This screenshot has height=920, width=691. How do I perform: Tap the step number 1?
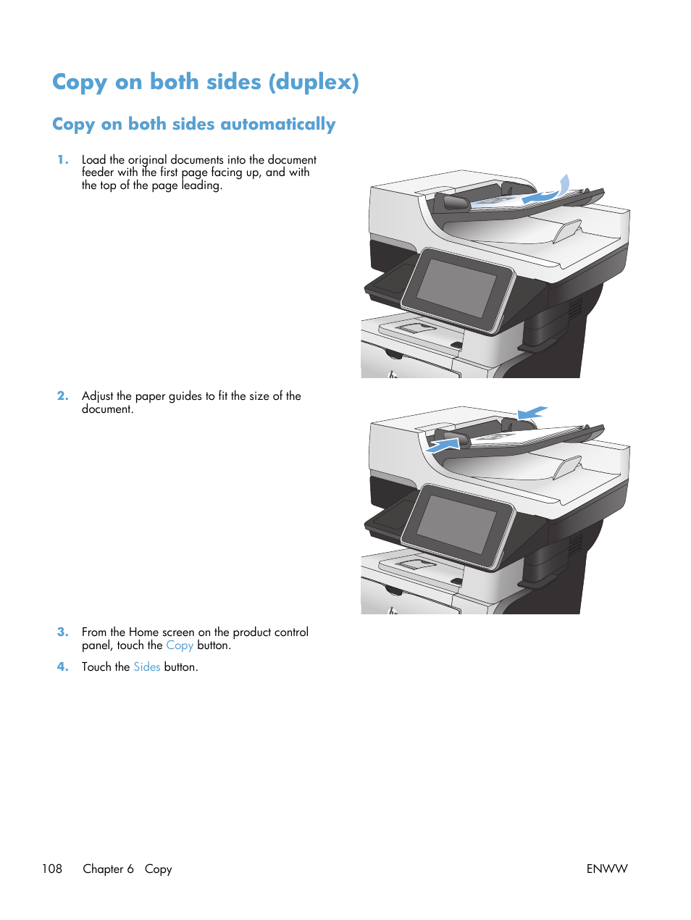63,159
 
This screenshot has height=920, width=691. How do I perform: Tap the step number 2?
63,396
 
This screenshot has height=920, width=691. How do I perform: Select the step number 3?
63,632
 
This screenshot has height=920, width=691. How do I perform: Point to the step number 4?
63,666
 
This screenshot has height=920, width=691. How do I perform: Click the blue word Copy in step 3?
179,645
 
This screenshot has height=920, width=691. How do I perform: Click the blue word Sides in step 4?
146,666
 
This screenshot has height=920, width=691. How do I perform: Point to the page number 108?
52,869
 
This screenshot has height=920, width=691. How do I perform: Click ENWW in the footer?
606,869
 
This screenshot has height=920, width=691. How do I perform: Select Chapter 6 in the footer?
108,869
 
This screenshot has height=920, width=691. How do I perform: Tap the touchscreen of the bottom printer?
456,524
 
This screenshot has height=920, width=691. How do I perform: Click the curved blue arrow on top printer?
550,190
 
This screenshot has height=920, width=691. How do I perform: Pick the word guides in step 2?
185,396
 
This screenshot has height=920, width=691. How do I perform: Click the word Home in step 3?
143,632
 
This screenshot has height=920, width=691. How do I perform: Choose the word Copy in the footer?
158,869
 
